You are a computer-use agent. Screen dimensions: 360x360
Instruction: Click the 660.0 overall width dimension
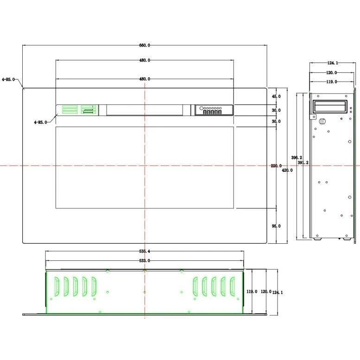145,45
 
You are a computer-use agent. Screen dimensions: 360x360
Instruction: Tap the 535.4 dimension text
145,251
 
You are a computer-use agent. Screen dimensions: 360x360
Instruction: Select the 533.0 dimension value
145,260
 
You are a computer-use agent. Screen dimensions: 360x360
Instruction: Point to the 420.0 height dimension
287,170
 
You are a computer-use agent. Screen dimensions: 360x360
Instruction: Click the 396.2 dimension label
297,158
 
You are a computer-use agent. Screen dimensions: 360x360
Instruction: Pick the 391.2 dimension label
303,163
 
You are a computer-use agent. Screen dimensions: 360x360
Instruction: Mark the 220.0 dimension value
276,165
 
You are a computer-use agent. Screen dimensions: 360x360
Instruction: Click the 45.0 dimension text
276,96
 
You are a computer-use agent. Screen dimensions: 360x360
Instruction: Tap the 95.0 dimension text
276,226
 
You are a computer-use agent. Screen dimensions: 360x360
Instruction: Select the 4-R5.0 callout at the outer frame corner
8,79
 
